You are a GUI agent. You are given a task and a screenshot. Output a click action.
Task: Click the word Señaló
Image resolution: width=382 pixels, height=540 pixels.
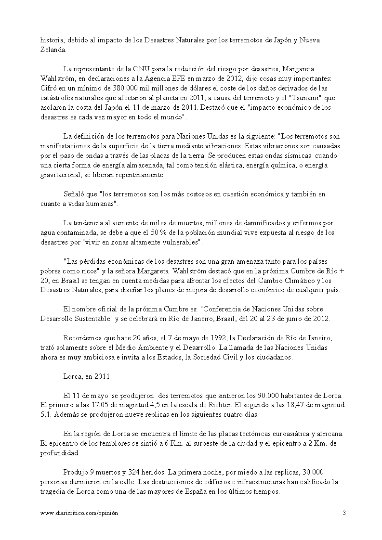[74, 194]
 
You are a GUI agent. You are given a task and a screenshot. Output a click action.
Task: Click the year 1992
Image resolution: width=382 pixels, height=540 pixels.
[198, 338]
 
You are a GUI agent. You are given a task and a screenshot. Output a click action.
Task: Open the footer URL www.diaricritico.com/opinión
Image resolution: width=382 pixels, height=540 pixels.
[79, 513]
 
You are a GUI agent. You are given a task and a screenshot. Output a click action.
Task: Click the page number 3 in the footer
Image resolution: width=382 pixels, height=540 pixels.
[344, 513]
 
